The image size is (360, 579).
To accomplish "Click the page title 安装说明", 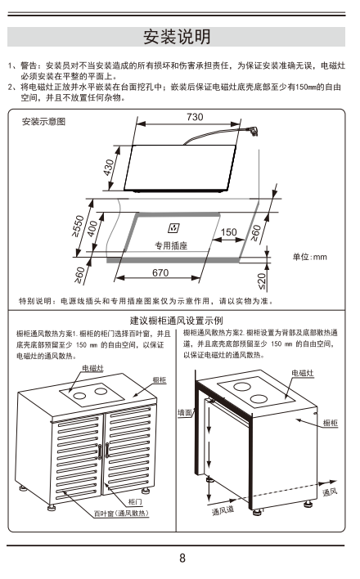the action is coord(177,37).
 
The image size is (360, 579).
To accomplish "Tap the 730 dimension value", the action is coord(195,117).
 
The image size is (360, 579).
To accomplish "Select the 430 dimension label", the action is coord(109,168).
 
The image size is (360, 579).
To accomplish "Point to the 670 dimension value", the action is coord(160,272).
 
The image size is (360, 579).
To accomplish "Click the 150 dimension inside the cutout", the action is coord(229,232).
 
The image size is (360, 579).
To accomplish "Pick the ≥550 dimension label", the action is coord(78,226).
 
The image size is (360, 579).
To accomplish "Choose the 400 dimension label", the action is coord(92,228).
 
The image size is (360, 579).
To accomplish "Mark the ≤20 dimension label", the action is coord(262,282).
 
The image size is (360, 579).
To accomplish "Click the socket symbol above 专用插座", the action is coord(173,228).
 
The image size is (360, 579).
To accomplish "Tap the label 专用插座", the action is coord(171,245).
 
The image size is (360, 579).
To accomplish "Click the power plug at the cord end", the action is coord(253,130).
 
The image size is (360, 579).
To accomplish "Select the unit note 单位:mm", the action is coord(310,257).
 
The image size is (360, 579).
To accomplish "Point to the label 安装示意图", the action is coord(43,122).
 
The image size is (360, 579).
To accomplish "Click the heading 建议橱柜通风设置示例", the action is coord(176,320).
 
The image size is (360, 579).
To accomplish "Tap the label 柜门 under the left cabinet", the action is coord(135,501).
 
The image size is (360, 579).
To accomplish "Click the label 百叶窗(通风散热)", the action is coord(121,514).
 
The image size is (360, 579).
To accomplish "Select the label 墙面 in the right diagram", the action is coord(185,412).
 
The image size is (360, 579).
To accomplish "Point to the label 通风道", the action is coord(223,510).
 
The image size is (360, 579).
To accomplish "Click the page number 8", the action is coord(182,558).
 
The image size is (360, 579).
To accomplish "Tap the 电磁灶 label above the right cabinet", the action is coord(303,373).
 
